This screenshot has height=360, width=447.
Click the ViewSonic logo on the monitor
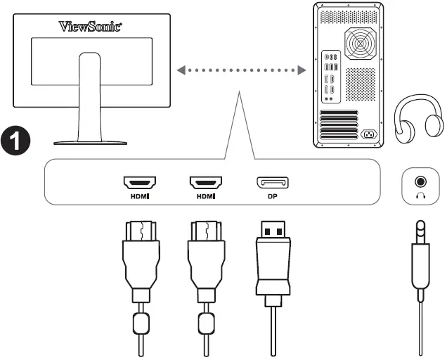click(x=91, y=27)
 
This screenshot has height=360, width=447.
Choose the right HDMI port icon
click(x=205, y=183)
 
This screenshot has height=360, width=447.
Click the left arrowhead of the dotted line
click(x=181, y=70)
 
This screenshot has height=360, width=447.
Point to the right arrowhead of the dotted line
click(x=302, y=70)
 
